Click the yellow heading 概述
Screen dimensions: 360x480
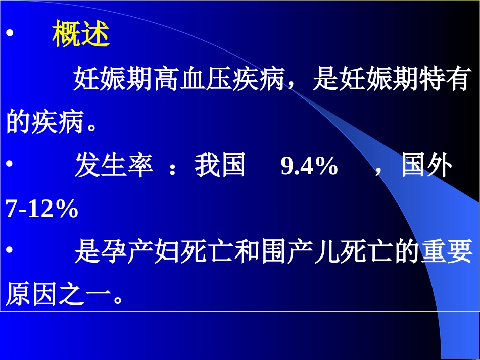81,35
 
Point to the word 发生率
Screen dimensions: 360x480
114,166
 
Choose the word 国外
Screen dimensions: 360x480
426,166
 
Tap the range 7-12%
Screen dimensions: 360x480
42,210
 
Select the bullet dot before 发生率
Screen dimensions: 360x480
10,166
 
